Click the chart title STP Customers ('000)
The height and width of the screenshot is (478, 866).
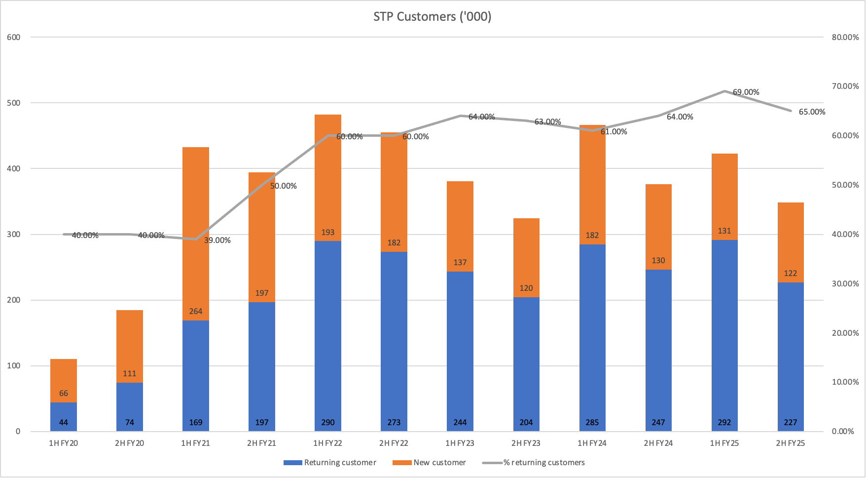click(x=432, y=17)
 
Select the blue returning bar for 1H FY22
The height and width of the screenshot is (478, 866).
click(x=328, y=336)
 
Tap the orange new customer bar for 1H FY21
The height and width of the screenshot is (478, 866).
click(x=196, y=232)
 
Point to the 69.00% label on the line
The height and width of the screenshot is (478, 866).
click(x=746, y=92)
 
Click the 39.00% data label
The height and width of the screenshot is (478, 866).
click(x=217, y=240)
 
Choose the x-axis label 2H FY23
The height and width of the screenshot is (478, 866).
click(x=526, y=443)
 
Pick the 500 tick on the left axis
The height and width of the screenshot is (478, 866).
click(x=14, y=103)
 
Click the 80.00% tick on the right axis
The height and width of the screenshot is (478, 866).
click(x=845, y=38)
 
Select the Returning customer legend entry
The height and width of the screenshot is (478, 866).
click(x=340, y=463)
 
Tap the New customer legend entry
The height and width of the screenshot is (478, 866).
click(x=439, y=463)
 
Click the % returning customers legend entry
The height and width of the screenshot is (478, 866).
click(x=544, y=463)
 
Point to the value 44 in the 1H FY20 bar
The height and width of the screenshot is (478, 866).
click(x=64, y=423)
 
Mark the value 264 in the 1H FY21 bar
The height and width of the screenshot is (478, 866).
click(x=196, y=312)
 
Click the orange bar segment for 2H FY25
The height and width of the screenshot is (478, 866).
click(x=791, y=242)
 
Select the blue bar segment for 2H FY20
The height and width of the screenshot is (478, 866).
click(x=130, y=407)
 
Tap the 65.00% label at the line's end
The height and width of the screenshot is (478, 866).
click(x=812, y=112)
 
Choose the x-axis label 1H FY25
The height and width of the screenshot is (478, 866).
click(x=724, y=443)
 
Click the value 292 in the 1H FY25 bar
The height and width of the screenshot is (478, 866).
click(x=724, y=423)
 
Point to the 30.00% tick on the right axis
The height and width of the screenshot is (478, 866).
click(x=845, y=283)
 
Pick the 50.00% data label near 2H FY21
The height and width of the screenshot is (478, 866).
click(x=283, y=186)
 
